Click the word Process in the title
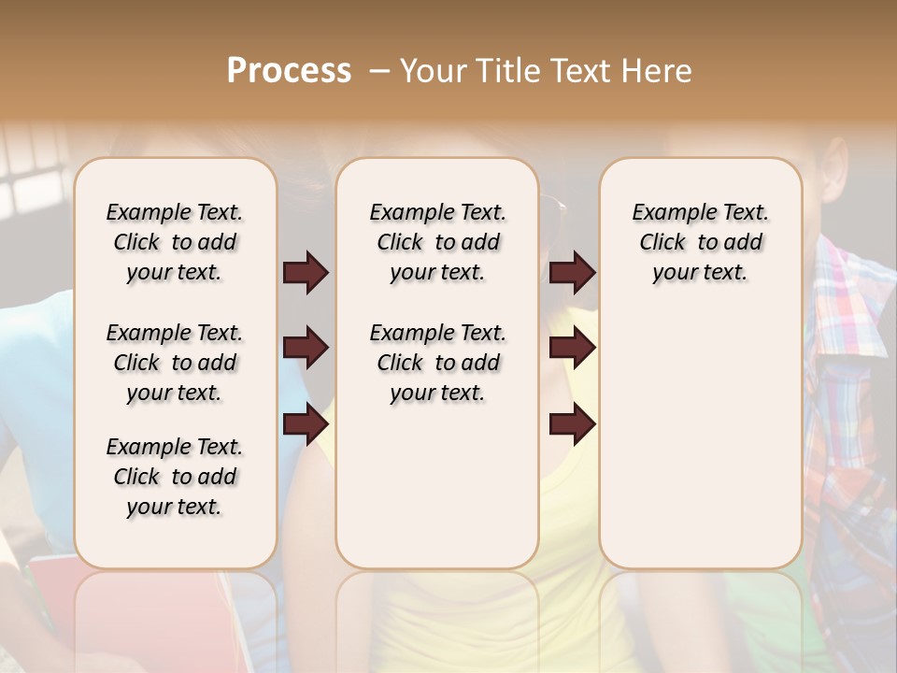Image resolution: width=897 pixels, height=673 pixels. pos(289,71)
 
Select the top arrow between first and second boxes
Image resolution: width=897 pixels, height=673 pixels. pos(306,273)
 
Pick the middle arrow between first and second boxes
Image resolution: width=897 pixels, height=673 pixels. pos(306,349)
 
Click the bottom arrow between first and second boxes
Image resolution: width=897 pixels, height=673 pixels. pos(306,424)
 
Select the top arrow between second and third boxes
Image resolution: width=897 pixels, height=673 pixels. pos(572,273)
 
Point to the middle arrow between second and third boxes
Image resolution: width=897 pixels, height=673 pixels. pos(572,349)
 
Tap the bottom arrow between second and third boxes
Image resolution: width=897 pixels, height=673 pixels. pos(572,424)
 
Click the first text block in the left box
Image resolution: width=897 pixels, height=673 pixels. pos(175,242)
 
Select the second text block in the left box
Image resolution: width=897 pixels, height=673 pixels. pos(175,363)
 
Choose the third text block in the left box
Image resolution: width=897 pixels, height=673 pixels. pos(175,477)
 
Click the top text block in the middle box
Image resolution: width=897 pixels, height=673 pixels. pos(437,242)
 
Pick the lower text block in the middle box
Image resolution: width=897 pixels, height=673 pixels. pos(437,363)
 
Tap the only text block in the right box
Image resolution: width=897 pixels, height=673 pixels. pos(700,242)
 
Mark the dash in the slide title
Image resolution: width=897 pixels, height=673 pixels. pos(378,71)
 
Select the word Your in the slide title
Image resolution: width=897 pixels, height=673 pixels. pos(430,71)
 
